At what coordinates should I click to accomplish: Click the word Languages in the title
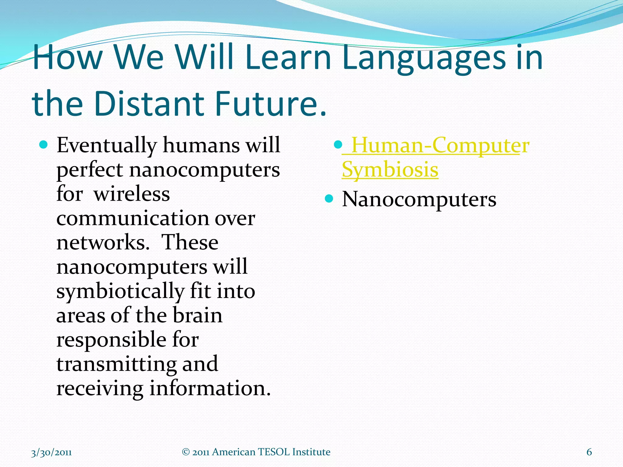[x=424, y=58]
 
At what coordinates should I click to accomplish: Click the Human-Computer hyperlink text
[x=440, y=145]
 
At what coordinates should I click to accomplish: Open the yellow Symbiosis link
[x=390, y=170]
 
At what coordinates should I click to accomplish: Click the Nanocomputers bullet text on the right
[x=419, y=199]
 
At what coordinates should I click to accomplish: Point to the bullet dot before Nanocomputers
[x=329, y=199]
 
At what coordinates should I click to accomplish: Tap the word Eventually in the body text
[x=106, y=145]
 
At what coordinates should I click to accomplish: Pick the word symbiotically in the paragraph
[x=120, y=291]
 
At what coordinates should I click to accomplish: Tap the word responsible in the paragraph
[x=111, y=340]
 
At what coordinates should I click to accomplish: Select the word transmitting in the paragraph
[x=116, y=364]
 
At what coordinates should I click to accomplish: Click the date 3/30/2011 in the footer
[x=51, y=452]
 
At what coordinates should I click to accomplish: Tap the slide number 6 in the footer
[x=589, y=452]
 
